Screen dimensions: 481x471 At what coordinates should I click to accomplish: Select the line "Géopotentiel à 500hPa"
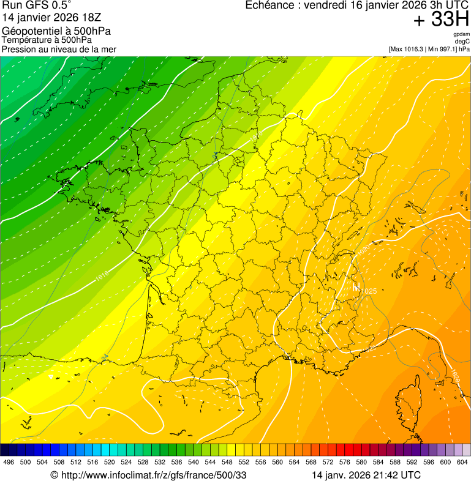[56, 31]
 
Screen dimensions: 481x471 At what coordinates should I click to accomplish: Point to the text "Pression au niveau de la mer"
[59, 49]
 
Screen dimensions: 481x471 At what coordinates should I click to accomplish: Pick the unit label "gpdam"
[461, 34]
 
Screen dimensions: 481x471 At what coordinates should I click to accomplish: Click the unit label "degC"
[462, 42]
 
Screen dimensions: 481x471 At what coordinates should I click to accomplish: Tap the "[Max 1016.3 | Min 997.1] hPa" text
[429, 49]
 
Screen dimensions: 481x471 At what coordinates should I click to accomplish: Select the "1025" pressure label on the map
[368, 291]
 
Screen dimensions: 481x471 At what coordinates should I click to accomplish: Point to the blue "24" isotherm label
[105, 357]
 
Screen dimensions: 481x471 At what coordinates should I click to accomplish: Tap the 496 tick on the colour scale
[9, 462]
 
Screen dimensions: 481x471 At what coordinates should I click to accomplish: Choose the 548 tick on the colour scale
[227, 462]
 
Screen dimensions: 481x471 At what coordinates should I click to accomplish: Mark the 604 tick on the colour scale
[462, 462]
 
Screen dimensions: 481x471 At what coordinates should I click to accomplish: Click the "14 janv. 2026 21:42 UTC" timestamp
[366, 475]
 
